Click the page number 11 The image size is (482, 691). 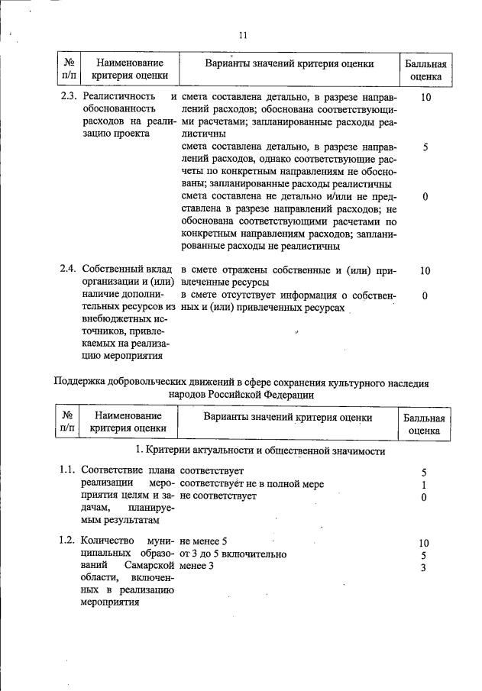click(242, 35)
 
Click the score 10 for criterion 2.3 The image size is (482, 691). click(425, 97)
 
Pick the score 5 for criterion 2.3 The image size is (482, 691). click(425, 147)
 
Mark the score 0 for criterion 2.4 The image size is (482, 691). click(425, 295)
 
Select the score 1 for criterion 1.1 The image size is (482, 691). click(423, 484)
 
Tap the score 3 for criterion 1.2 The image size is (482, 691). click(423, 567)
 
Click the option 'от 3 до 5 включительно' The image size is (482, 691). click(233, 554)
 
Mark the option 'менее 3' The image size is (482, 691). click(198, 567)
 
